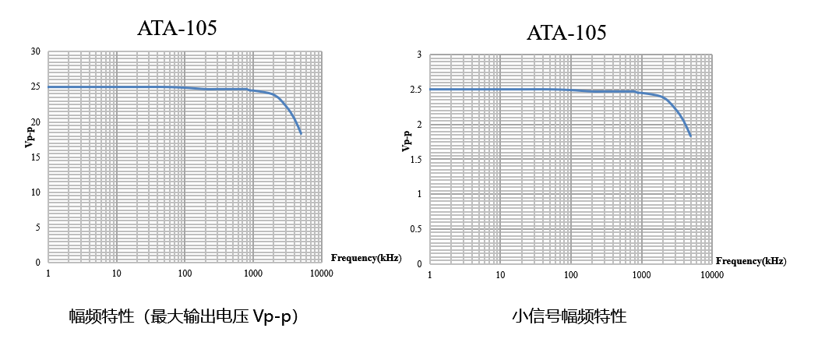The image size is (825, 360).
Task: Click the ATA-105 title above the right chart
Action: pos(566,32)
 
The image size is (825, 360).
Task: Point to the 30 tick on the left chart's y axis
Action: pos(36,51)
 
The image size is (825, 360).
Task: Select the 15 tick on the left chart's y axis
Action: pos(36,157)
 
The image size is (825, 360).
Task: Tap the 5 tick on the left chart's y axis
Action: pos(38,228)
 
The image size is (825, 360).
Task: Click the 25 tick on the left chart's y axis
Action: pos(36,86)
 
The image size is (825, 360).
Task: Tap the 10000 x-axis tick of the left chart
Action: pos(321,274)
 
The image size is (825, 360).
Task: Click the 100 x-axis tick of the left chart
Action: pos(185,274)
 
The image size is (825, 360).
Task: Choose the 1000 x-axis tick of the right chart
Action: pos(640,275)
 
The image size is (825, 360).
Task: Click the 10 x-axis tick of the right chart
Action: pos(500,275)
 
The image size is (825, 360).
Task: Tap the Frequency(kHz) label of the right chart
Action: pos(751,261)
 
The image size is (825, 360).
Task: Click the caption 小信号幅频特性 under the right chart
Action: pos(569,316)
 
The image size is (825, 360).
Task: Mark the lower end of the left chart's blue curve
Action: pos(301,134)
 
